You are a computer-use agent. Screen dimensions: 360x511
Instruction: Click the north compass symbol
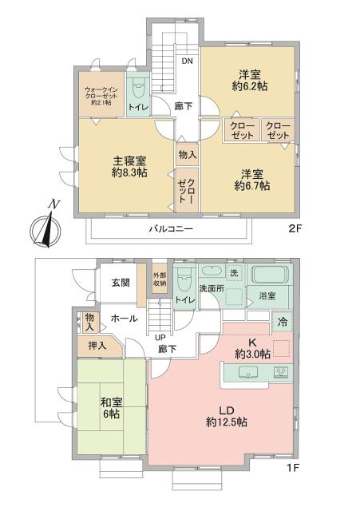(x=45, y=227)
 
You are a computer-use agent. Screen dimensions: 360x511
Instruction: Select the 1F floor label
(x=293, y=468)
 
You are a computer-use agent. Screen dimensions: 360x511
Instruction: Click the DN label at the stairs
(x=187, y=61)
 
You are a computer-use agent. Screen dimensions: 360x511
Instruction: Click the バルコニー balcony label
(x=172, y=229)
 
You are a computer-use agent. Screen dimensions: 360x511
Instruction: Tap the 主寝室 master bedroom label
(x=129, y=161)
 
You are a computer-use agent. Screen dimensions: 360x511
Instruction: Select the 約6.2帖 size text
(x=250, y=86)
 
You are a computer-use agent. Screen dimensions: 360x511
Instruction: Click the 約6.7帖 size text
(x=252, y=186)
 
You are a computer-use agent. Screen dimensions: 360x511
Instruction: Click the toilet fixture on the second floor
(x=138, y=87)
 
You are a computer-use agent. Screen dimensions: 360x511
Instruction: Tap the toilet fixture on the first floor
(x=185, y=280)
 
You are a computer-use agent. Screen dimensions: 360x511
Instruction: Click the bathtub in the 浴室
(x=270, y=275)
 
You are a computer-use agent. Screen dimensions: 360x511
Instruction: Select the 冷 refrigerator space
(x=283, y=322)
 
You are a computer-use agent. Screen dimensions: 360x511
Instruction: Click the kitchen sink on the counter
(x=248, y=372)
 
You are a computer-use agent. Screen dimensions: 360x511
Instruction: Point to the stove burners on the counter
(x=281, y=372)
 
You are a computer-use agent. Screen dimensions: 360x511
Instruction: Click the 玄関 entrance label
(x=121, y=283)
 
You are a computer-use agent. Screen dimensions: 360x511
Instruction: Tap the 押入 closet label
(x=97, y=346)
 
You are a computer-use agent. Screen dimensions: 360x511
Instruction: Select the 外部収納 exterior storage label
(x=160, y=279)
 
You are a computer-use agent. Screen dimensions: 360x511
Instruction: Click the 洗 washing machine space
(x=234, y=274)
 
